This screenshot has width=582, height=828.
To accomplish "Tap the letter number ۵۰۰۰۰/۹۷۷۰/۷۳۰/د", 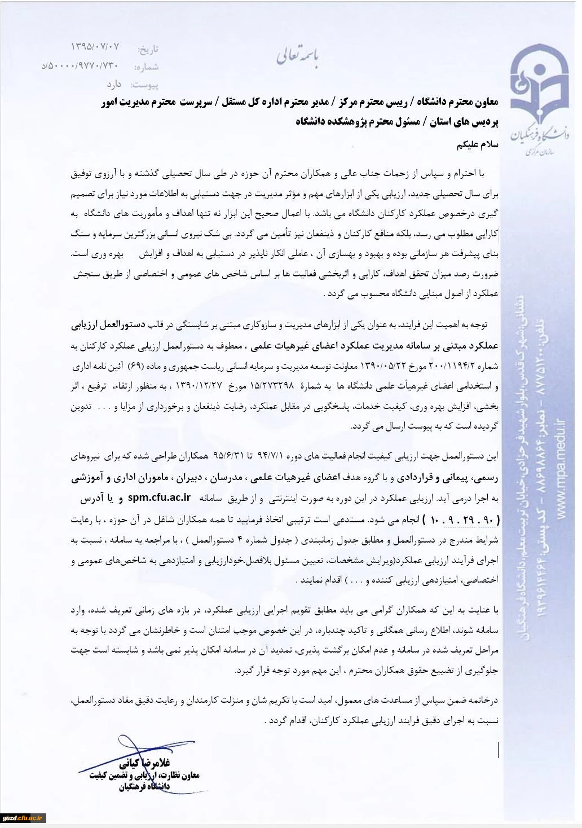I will pos(81,66).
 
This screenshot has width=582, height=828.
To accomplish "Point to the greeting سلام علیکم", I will pos(478,144).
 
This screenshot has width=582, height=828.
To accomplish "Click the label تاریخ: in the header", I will pos(148,50).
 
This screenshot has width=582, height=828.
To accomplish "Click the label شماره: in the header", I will pos(147,67).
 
